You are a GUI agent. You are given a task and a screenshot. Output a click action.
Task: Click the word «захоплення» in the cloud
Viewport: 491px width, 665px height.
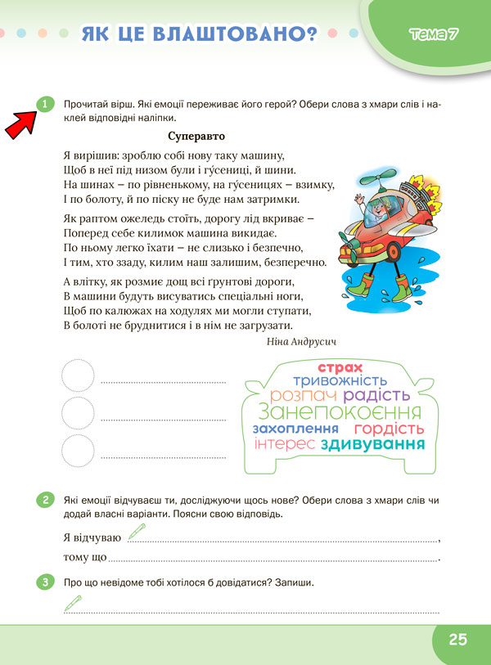pyautogui.click(x=296, y=429)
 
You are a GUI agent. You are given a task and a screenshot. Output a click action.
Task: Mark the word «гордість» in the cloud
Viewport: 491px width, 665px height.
pyautogui.click(x=389, y=429)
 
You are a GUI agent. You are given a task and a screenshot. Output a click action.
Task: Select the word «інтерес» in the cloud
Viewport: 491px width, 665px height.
pyautogui.click(x=285, y=444)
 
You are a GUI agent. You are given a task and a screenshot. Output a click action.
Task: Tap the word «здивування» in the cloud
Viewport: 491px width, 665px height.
pyautogui.click(x=373, y=444)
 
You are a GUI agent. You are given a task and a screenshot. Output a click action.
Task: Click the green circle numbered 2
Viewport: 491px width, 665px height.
pyautogui.click(x=45, y=500)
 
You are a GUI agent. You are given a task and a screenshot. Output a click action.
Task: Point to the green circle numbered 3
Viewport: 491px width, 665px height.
pyautogui.click(x=45, y=582)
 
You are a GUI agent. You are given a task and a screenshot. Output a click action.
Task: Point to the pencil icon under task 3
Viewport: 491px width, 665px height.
pyautogui.click(x=73, y=604)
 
